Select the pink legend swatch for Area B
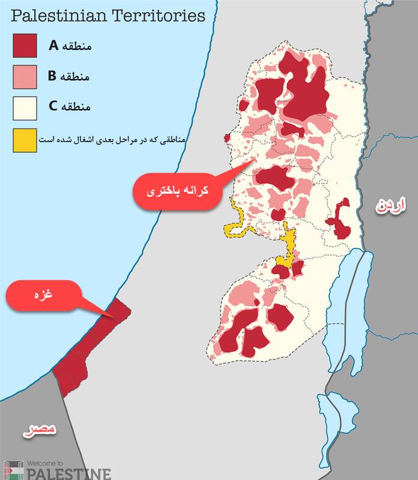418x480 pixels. point(25,77)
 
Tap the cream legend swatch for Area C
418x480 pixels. point(25,109)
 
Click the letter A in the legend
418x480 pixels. point(53,44)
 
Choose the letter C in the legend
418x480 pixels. point(53,107)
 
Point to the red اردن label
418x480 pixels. point(390,207)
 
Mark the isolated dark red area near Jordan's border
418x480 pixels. point(342,219)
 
